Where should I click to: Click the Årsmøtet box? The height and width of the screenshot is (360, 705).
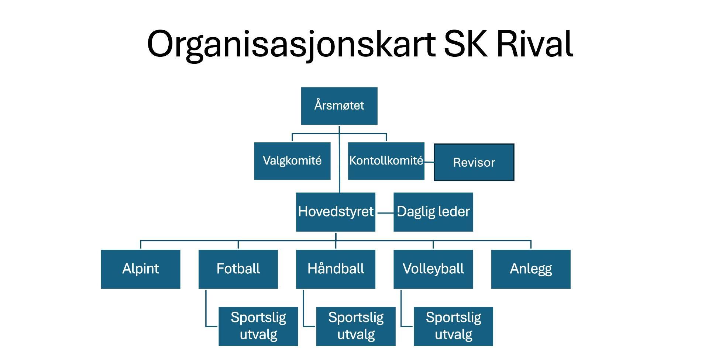[339, 106]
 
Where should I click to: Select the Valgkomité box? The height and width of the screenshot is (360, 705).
[292, 161]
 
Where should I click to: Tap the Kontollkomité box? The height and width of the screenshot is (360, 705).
[386, 161]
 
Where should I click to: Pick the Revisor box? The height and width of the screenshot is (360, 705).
[474, 162]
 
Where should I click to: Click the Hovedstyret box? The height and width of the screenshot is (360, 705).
[336, 212]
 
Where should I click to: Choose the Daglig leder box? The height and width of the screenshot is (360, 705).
[433, 212]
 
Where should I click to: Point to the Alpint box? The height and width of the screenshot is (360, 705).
[140, 269]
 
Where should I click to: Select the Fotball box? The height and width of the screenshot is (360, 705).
[238, 269]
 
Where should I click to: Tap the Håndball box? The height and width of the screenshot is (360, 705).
[336, 269]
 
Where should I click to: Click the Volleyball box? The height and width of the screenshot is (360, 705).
[433, 269]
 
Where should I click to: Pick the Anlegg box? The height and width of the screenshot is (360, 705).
[530, 269]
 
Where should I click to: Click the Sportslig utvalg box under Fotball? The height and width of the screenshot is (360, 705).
[258, 326]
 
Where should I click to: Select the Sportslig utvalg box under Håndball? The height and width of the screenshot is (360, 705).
[355, 326]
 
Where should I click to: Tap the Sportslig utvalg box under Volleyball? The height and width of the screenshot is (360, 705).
[453, 326]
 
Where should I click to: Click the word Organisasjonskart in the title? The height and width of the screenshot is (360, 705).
[291, 44]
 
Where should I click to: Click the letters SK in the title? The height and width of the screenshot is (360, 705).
[465, 44]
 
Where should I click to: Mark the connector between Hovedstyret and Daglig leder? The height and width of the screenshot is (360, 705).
[385, 213]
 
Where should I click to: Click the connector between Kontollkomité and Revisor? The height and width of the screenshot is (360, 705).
[429, 162]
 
